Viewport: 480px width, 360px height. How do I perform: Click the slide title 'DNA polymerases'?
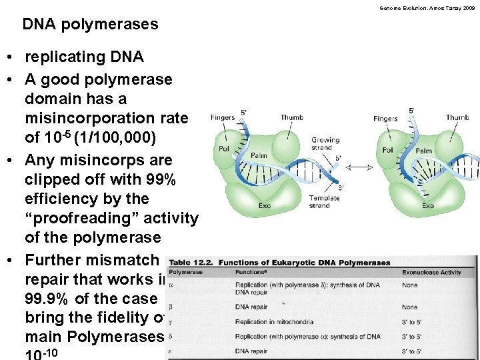90,25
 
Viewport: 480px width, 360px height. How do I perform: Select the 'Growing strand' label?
325,144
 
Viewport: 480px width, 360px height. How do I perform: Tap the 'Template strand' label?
324,202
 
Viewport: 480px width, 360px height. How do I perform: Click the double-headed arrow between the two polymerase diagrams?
360,167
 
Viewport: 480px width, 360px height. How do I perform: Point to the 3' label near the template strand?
342,188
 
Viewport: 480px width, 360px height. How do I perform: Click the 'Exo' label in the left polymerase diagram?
265,205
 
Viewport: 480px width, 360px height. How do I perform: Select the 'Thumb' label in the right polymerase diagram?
457,118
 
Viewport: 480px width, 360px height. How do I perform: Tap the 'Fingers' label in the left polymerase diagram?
223,118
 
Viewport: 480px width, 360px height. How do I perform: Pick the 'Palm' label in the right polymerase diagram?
423,151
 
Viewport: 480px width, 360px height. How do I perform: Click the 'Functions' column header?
251,272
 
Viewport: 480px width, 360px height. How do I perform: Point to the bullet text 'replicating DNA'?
84,57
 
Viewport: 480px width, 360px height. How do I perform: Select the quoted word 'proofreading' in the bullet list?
111,218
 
